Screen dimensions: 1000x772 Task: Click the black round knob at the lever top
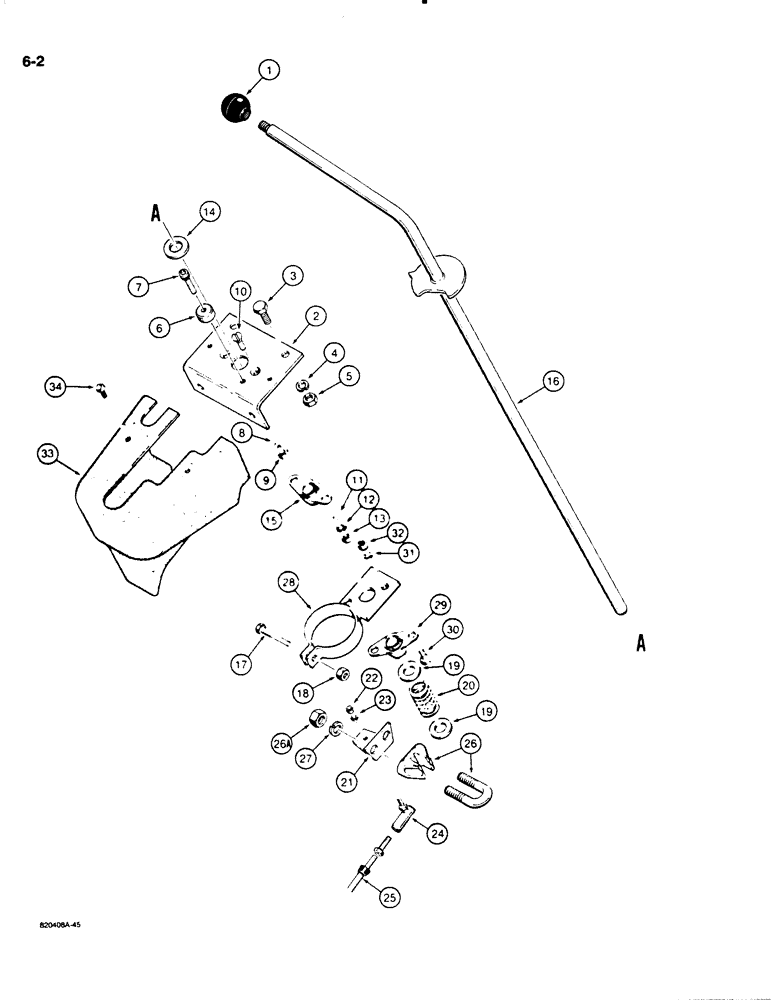coord(236,107)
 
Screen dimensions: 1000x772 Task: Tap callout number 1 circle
coord(269,70)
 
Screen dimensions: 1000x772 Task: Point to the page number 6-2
coord(29,62)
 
